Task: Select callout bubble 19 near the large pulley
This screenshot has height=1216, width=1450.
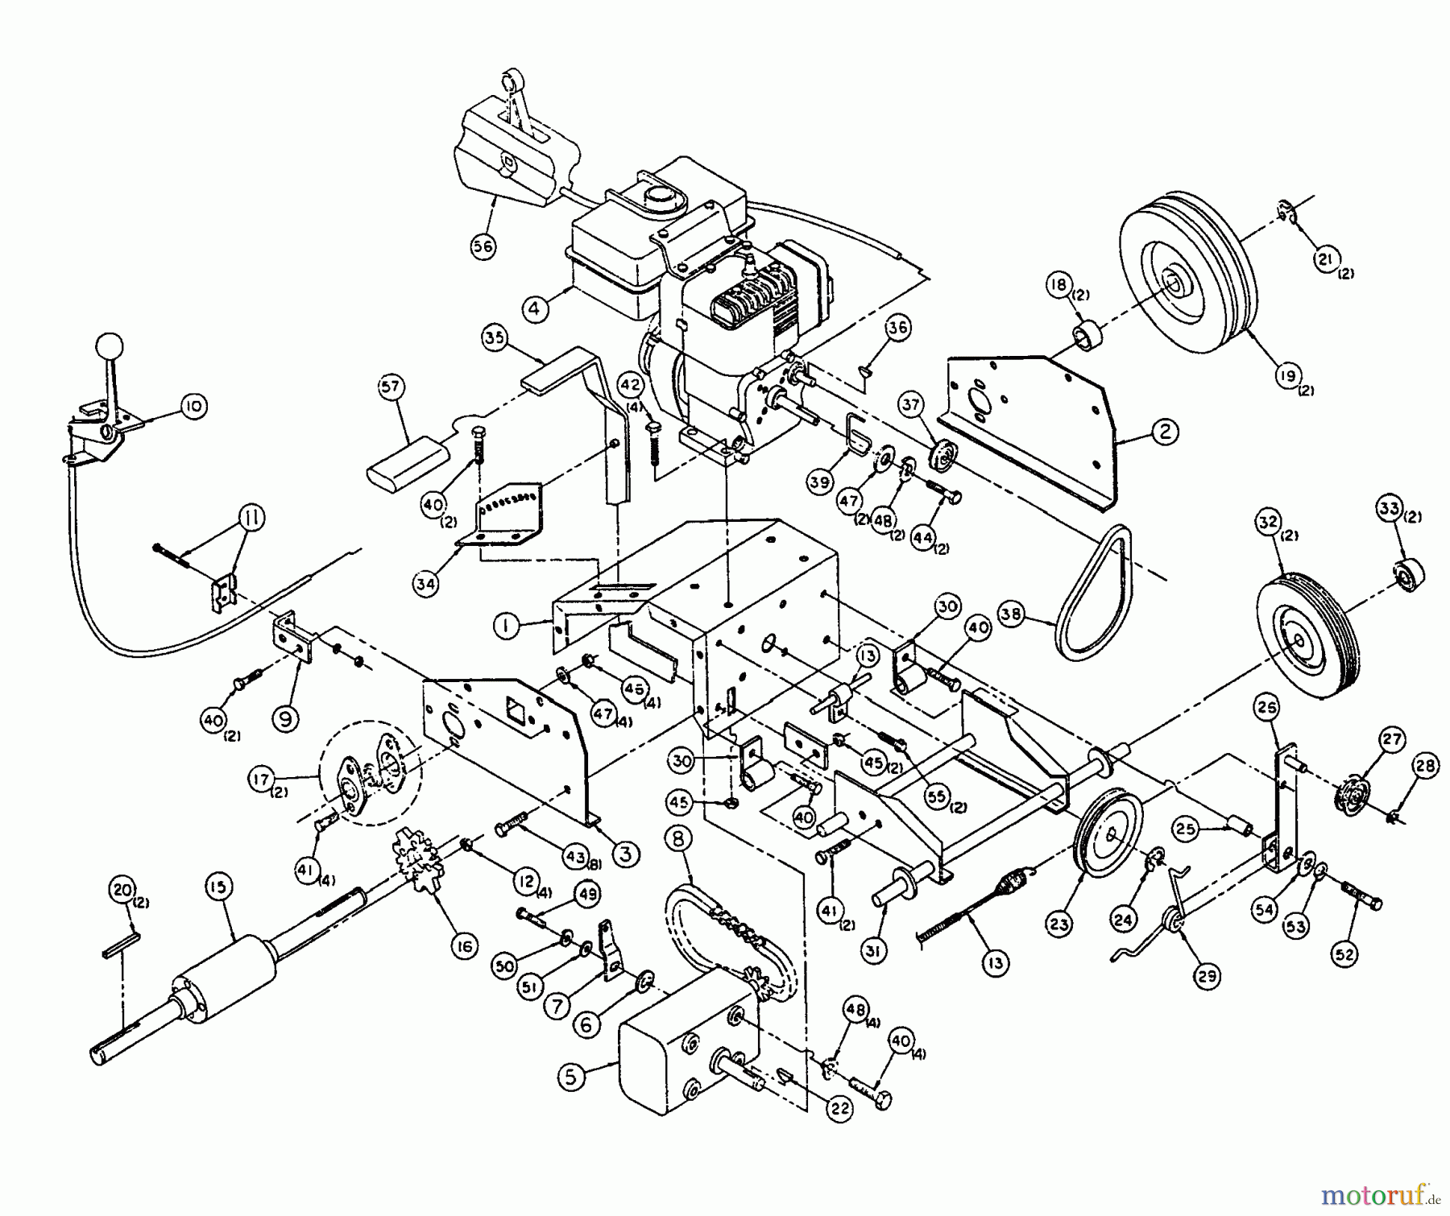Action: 1289,375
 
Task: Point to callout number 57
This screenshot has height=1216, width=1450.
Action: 391,388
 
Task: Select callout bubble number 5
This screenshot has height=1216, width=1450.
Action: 571,1077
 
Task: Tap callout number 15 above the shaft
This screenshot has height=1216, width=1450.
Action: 218,887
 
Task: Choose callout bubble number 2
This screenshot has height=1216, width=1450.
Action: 1165,432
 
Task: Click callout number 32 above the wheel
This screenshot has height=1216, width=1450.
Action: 1269,522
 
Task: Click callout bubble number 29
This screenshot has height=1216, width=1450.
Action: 1207,976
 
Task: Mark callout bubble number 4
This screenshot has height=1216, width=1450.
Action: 535,308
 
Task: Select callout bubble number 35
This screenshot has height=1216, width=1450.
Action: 495,337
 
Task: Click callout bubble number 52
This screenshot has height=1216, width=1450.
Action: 1344,954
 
